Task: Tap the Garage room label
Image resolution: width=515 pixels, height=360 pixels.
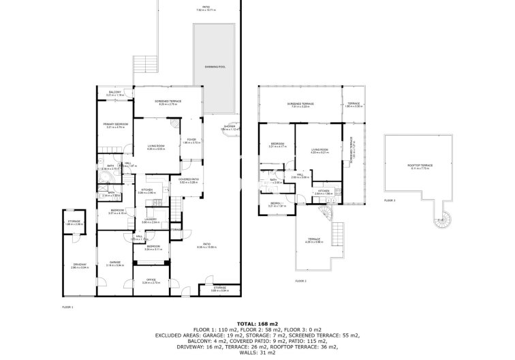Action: (114, 262)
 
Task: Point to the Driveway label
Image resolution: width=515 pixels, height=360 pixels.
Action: (80, 265)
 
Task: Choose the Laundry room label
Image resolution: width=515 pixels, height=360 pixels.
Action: (150, 220)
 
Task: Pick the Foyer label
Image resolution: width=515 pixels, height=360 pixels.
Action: (191, 141)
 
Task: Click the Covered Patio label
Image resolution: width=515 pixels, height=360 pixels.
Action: (188, 181)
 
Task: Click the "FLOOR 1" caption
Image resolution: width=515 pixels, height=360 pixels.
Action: (67, 308)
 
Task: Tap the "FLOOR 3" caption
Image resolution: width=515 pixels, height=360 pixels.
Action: (390, 200)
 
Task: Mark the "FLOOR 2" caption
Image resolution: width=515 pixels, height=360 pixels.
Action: (300, 280)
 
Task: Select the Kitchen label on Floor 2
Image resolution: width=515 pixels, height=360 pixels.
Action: (323, 192)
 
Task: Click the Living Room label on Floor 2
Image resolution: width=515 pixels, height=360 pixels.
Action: (319, 150)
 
